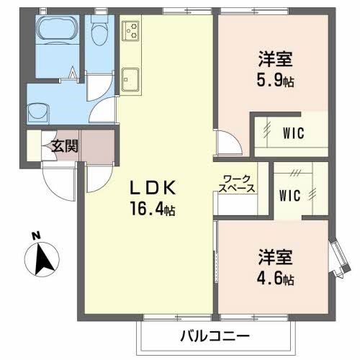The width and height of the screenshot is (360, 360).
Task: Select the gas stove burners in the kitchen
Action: click(x=132, y=31)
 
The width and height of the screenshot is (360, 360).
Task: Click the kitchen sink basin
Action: click(x=131, y=78)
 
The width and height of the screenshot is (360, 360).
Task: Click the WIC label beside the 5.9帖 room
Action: click(x=292, y=132)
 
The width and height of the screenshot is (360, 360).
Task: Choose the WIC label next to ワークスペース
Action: click(x=290, y=195)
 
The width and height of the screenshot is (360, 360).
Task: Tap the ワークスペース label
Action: click(x=237, y=182)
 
